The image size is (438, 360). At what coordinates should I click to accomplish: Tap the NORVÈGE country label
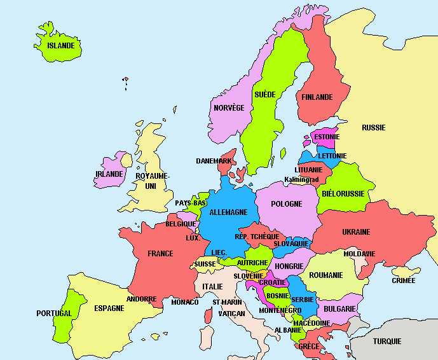[229, 108]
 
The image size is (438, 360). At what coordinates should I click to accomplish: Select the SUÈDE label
[264, 95]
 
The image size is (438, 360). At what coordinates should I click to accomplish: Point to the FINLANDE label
[317, 97]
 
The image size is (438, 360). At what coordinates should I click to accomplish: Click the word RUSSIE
[373, 128]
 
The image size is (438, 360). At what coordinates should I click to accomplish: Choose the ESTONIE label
[327, 137]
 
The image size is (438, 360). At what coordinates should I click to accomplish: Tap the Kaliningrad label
[301, 180]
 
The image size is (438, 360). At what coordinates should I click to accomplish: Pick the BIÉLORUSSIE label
[343, 193]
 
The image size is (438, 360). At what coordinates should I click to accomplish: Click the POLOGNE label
[287, 204]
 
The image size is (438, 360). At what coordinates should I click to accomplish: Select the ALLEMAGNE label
[228, 212]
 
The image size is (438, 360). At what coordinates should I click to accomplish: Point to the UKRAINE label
[356, 232]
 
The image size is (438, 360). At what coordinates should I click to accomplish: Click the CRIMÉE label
[404, 280]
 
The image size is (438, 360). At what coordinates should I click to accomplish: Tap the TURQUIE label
[387, 342]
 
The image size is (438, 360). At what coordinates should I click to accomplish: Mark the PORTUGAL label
[54, 314]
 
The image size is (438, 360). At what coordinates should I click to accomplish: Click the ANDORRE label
[141, 299]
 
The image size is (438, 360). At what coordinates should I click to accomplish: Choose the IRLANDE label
[109, 174]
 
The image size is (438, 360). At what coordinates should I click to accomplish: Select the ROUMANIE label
[326, 275]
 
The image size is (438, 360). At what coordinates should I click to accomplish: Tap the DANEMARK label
[214, 161]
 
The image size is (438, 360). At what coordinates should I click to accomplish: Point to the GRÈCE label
[309, 347]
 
